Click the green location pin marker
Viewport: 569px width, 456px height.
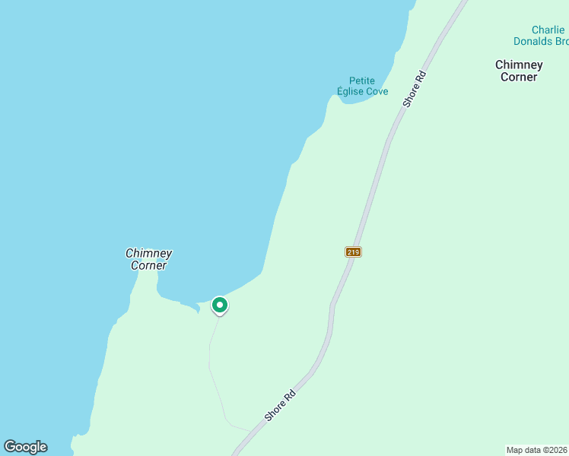[219, 306]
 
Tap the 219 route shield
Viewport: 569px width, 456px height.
[353, 252]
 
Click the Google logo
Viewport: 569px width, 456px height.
[25, 447]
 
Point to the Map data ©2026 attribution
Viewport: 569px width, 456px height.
[537, 449]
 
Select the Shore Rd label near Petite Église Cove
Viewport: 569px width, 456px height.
[417, 89]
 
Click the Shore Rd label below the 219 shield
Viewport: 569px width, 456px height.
[279, 406]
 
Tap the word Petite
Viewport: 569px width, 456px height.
[362, 81]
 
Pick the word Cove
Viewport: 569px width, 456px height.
[377, 92]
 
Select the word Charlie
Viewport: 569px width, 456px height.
[548, 30]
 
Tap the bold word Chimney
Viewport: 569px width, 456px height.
[519, 65]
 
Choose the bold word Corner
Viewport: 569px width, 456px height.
[519, 77]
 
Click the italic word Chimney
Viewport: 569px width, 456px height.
[148, 254]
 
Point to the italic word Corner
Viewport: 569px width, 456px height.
[148, 265]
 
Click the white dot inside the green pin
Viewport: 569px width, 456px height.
[219, 305]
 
